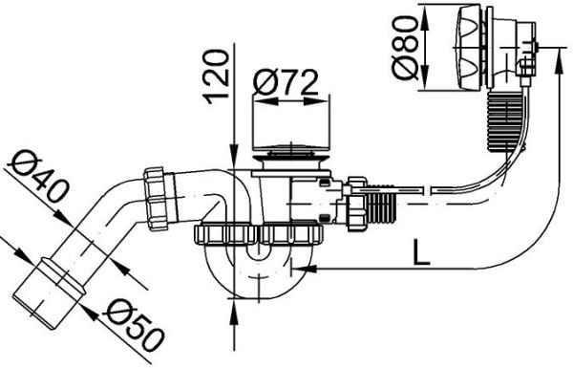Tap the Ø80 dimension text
(403, 51)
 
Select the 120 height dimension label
(217, 75)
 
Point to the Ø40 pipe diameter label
(38, 178)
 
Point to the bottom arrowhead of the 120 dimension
(235, 309)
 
